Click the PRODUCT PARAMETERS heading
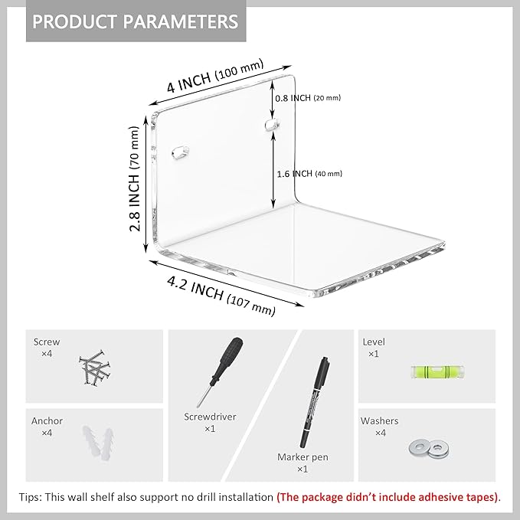[x=136, y=21]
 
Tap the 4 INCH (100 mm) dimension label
[x=215, y=76]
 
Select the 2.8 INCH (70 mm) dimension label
[x=134, y=178]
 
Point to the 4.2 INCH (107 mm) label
[x=221, y=296]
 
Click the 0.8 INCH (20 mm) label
[x=308, y=98]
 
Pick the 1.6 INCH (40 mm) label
[x=309, y=173]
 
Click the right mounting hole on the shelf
[x=273, y=124]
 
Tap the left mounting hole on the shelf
[x=181, y=152]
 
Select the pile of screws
[x=95, y=368]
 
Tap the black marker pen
[x=315, y=403]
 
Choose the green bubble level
[x=437, y=371]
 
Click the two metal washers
[x=429, y=448]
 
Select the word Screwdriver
[x=210, y=417]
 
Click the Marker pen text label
[x=303, y=457]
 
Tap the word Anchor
[x=47, y=421]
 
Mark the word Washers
[x=379, y=421]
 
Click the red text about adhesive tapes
[x=388, y=497]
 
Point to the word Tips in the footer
[x=29, y=497]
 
